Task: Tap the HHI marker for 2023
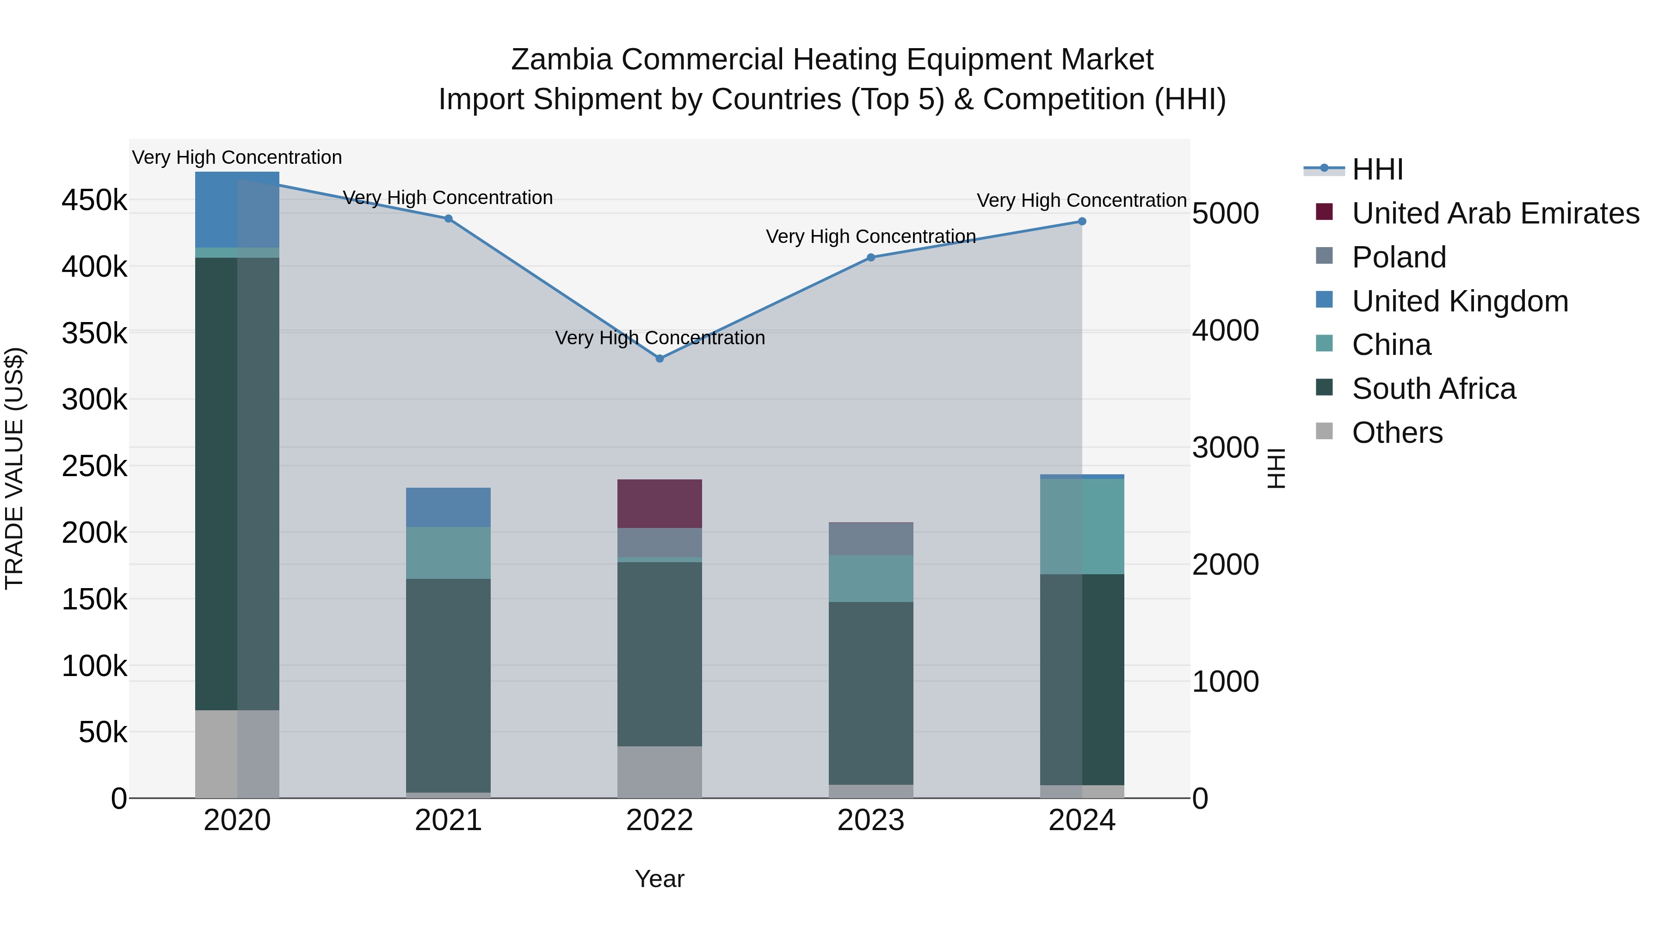coord(870,257)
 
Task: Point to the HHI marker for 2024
coord(1082,222)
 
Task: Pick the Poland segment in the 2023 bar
coord(870,539)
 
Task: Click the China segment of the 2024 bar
coord(1082,527)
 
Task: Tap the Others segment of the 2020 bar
coord(237,754)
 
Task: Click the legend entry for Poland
coord(1399,257)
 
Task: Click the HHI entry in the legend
coord(1377,169)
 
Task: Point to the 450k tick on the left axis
coord(94,200)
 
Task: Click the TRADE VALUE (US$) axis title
coord(15,468)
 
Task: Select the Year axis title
coord(659,879)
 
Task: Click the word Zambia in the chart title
coord(561,60)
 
